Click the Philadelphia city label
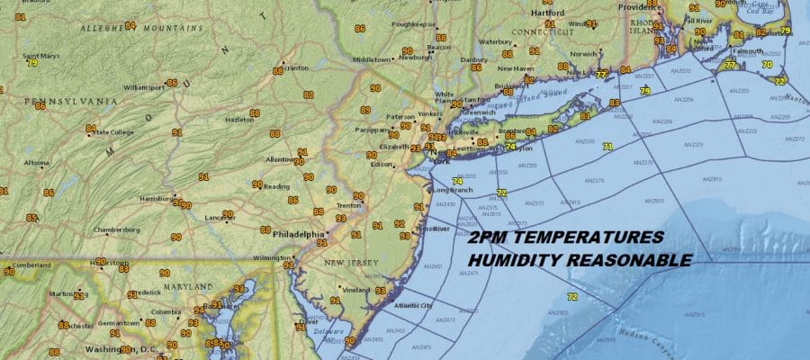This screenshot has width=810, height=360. pos(297,233)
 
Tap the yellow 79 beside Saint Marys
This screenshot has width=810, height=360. pos(31,63)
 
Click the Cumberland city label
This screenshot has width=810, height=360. pos(31,265)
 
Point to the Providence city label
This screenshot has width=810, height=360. pos(634,6)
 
